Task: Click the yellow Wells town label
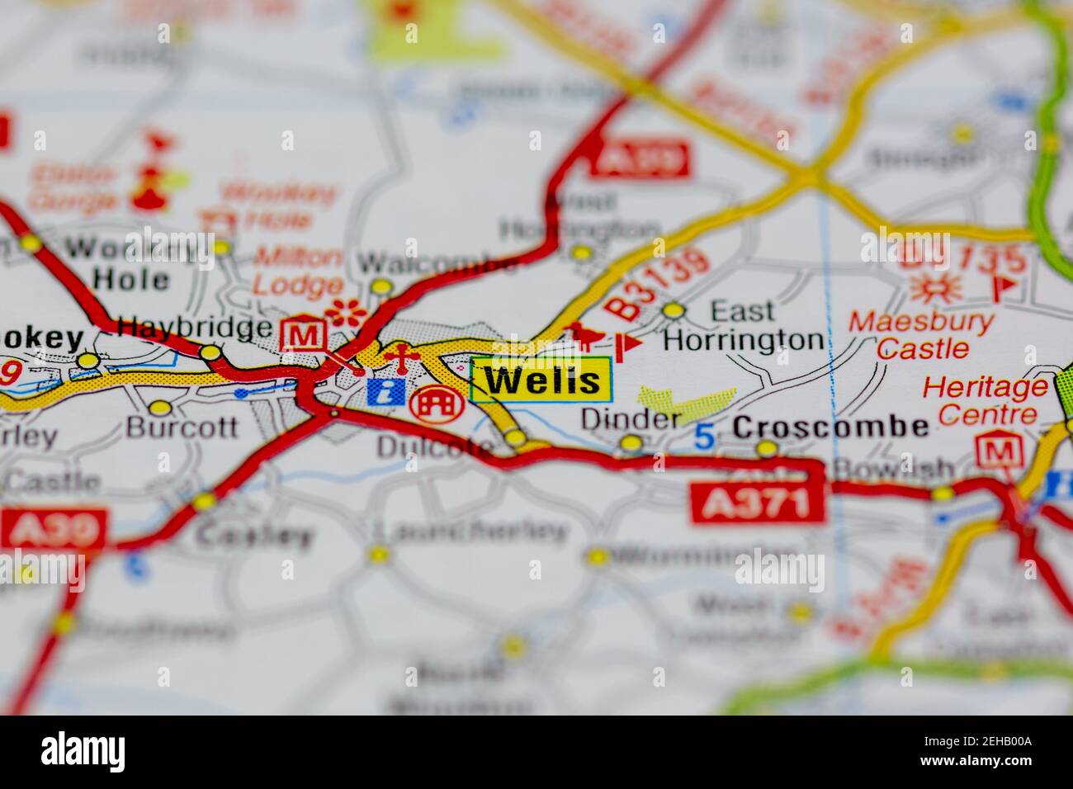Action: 541,380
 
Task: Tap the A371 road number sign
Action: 759,503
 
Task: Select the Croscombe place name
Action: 830,427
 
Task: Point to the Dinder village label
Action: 631,418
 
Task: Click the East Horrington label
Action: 743,325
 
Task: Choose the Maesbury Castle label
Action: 922,334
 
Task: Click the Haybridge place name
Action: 195,328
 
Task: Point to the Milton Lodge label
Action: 297,271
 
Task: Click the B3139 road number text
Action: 657,285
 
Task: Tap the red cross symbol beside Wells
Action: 398,359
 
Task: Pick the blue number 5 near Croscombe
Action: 703,436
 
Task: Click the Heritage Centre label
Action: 985,399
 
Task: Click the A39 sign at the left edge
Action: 54,529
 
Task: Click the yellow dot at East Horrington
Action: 674,310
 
